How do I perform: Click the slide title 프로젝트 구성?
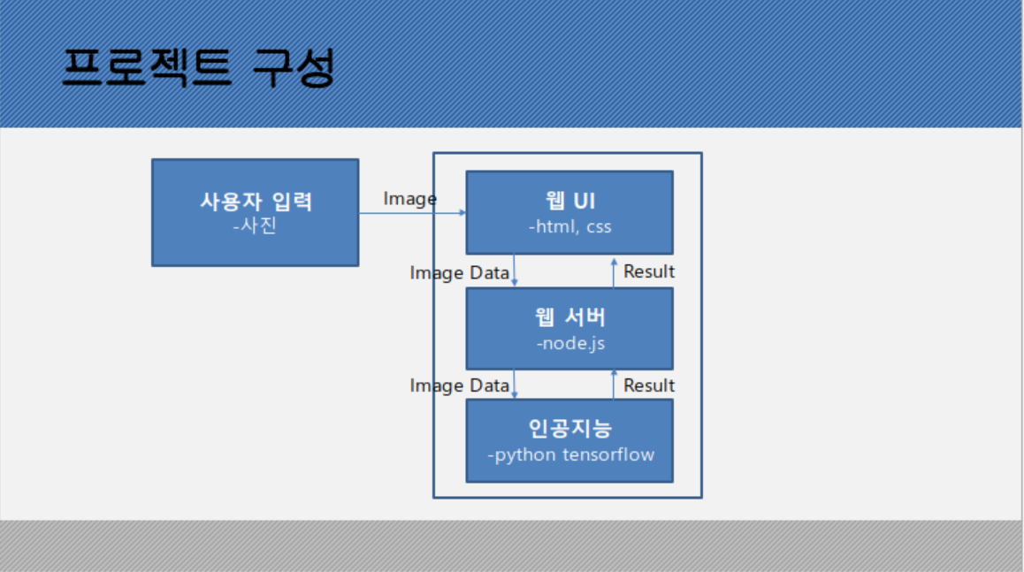pyautogui.click(x=199, y=68)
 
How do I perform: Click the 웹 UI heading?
pyautogui.click(x=569, y=201)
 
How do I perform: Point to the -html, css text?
pyautogui.click(x=569, y=226)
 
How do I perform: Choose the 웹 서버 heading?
pyautogui.click(x=569, y=317)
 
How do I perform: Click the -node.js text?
pyautogui.click(x=569, y=342)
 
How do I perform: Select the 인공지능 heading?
pyautogui.click(x=569, y=429)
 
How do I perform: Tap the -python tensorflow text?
pyautogui.click(x=569, y=455)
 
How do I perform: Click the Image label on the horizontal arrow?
pyautogui.click(x=409, y=199)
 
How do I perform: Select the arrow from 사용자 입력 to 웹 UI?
pyautogui.click(x=412, y=213)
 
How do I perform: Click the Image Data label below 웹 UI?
pyautogui.click(x=459, y=273)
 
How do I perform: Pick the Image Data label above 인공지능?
pyautogui.click(x=459, y=385)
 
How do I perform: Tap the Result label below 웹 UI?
pyautogui.click(x=648, y=271)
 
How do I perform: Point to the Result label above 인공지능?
pyautogui.click(x=648, y=385)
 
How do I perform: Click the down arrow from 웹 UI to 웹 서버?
pyautogui.click(x=515, y=271)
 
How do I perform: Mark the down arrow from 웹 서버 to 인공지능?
pyautogui.click(x=515, y=384)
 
